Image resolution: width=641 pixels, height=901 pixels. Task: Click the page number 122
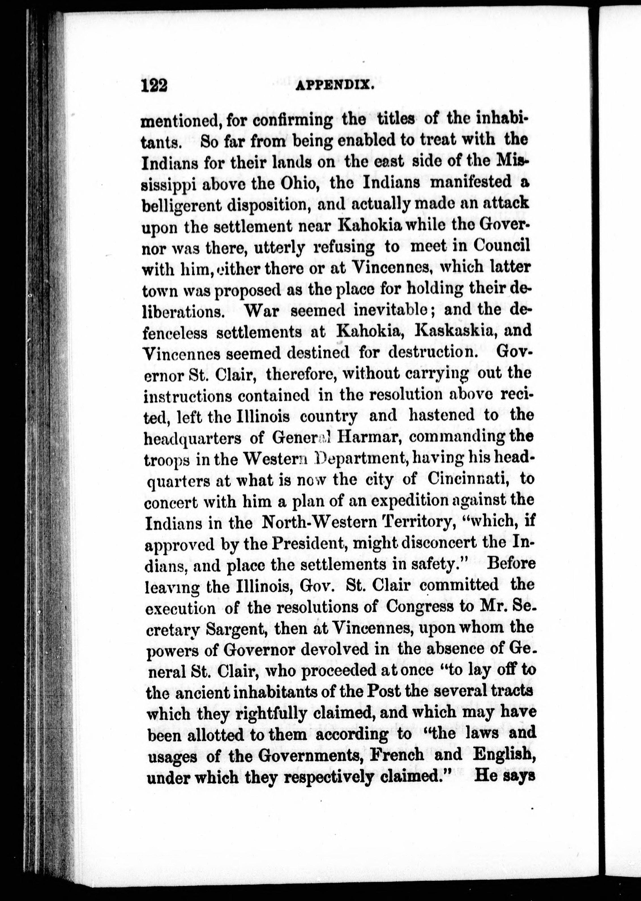point(154,85)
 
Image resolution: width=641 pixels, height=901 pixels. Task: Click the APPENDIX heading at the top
point(335,85)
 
